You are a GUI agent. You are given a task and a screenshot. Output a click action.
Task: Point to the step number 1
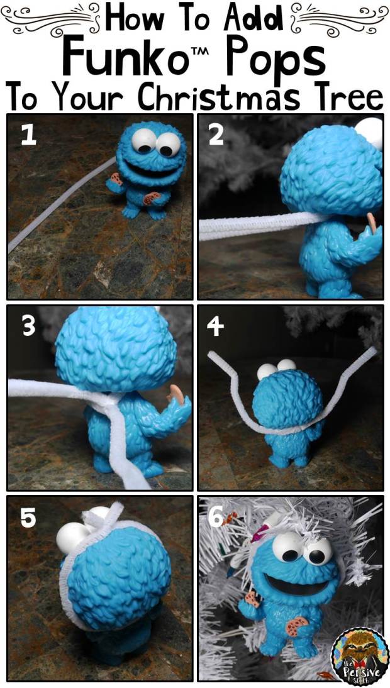pyautogui.click(x=28, y=135)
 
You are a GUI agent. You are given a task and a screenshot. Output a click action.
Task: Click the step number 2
pyautogui.click(x=216, y=135)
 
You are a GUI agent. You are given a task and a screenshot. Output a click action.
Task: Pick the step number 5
pyautogui.click(x=28, y=518)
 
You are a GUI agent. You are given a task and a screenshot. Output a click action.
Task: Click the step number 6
pyautogui.click(x=214, y=518)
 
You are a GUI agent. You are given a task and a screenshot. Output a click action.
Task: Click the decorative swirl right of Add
pyautogui.click(x=339, y=16)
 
